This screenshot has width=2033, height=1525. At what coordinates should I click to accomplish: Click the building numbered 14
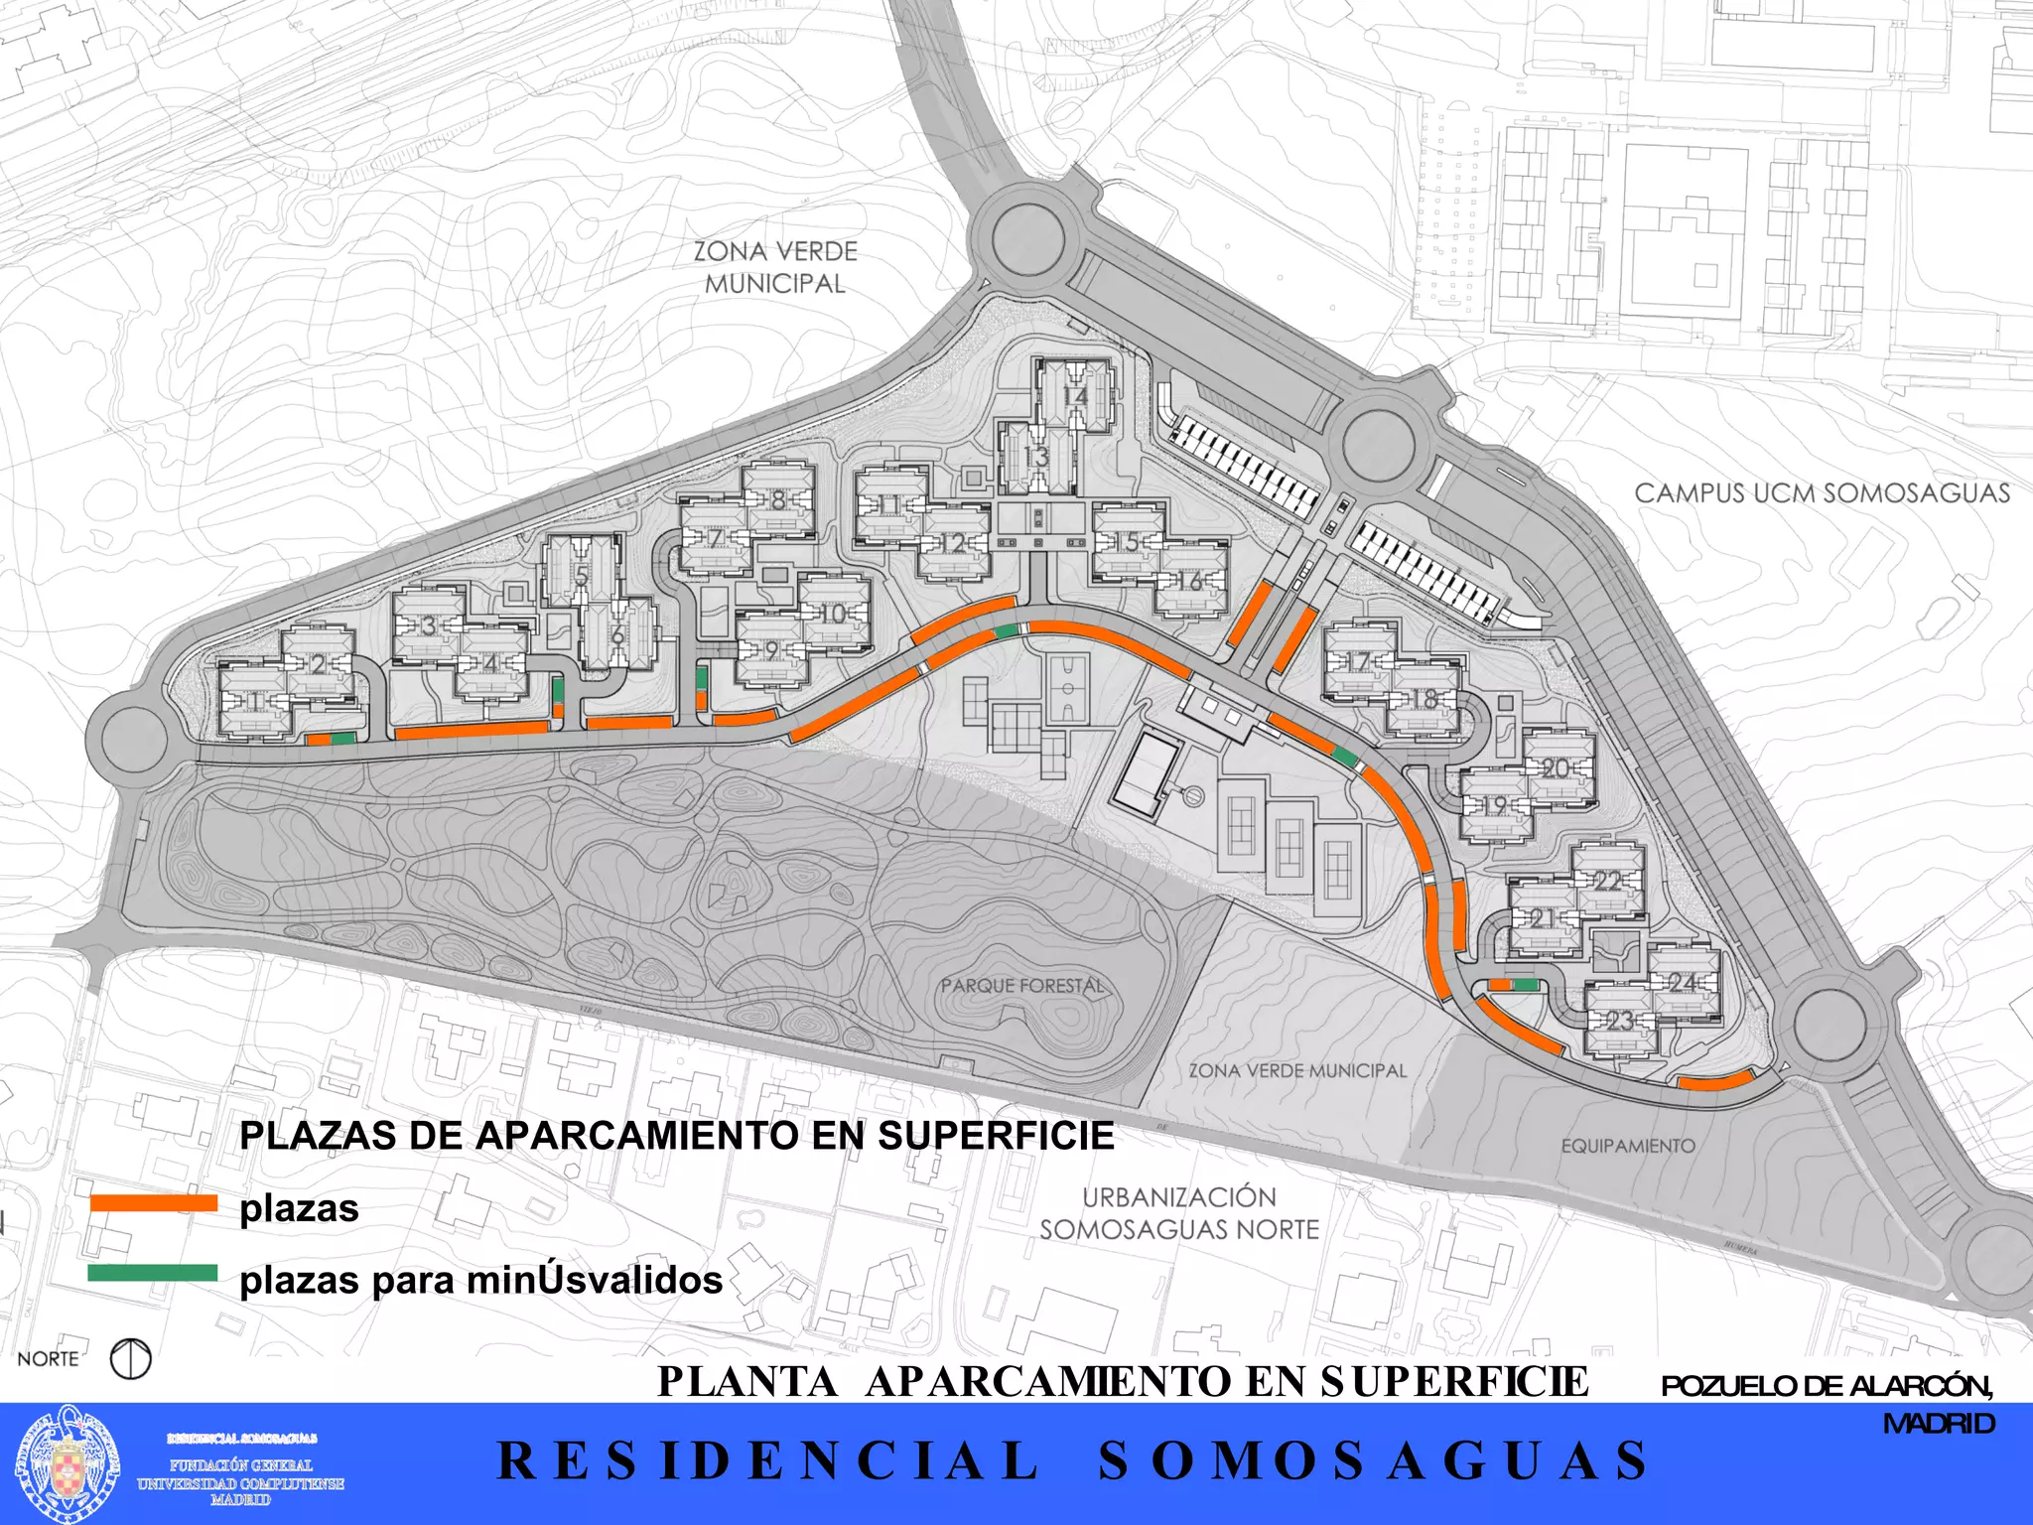point(1076,396)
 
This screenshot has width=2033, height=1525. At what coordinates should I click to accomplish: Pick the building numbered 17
point(1359,661)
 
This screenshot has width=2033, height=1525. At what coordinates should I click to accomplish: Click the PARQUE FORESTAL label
point(1022,986)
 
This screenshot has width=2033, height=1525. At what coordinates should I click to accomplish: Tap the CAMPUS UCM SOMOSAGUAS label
point(1822,493)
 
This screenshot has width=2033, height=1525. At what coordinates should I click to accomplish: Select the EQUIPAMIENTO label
point(1628,1146)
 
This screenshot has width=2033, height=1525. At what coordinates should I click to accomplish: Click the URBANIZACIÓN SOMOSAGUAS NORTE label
point(1179,1213)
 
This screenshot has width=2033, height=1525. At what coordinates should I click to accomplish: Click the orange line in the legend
point(153,1203)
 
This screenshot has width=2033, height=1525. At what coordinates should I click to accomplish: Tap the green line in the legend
point(153,1273)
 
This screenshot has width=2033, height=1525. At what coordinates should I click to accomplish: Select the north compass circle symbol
point(131,1359)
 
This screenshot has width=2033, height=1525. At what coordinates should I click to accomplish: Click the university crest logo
point(69,1461)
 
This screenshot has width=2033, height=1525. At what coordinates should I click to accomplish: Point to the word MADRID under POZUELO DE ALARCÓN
point(1939,1424)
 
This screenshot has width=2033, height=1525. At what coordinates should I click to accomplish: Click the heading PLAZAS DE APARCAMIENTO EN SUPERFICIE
point(677,1136)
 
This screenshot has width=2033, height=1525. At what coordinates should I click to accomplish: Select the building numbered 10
point(834,614)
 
